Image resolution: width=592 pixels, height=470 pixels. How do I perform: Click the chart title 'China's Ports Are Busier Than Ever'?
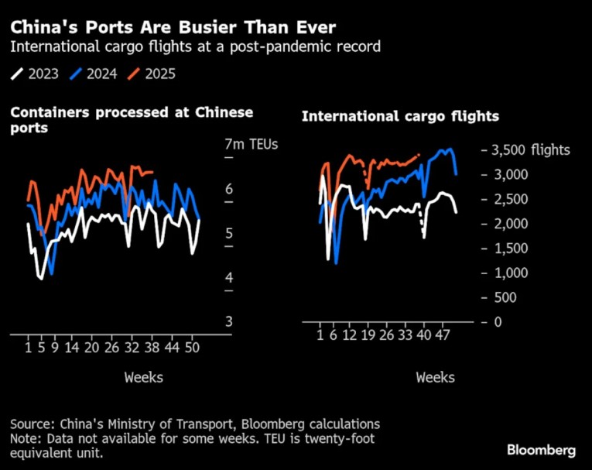pos(173,27)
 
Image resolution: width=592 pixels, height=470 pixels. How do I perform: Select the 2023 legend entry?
pos(36,74)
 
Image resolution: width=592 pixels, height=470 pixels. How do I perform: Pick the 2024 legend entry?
pos(94,74)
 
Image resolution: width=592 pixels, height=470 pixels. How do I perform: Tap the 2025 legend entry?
pos(152,74)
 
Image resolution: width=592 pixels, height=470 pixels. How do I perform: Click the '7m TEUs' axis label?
pos(250,144)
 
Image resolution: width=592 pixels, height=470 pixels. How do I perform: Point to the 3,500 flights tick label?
pos(531,149)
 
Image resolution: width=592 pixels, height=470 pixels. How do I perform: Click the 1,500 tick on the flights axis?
pos(512,248)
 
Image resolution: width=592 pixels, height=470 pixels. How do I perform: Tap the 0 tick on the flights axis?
pos(498,322)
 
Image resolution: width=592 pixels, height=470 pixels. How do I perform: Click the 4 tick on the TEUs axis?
pos(228,278)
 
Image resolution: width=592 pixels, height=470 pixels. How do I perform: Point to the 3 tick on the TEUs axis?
pos(228,322)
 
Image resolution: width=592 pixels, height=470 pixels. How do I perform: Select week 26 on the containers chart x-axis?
pos(112,348)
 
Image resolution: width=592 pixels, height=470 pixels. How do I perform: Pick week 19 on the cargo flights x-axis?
pos(368,335)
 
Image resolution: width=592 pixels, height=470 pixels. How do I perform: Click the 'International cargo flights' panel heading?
pos(400,117)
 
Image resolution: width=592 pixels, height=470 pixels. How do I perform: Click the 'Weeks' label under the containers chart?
pos(143,377)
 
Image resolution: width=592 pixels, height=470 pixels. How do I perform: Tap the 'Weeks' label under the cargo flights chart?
pos(436,377)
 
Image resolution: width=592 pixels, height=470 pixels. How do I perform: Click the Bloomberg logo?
pos(541,450)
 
